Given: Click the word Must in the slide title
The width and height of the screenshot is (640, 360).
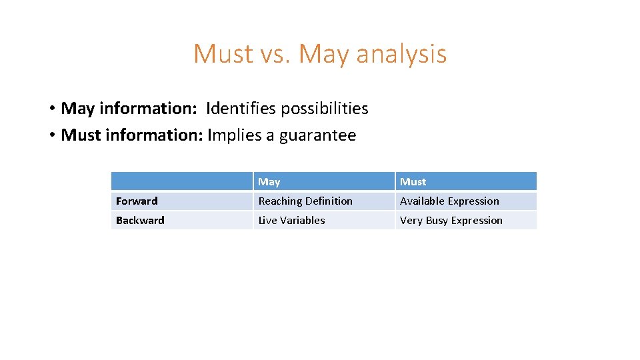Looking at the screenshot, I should point(223,54).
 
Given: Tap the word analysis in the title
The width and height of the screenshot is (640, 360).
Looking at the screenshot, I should point(401,54).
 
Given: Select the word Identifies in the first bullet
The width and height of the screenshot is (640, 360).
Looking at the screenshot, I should point(238,108).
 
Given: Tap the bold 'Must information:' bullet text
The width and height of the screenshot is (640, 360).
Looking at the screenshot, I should point(131,135).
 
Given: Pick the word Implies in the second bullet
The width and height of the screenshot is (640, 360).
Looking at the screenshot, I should point(234,135).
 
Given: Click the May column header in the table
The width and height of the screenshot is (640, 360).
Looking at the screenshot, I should point(269,181).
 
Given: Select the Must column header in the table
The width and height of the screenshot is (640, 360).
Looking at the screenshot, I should point(413,181).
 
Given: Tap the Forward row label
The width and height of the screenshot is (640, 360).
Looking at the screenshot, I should point(137,201).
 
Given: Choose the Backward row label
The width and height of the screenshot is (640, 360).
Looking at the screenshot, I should point(140,220).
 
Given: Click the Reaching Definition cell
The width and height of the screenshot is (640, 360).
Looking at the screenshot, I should point(305,201).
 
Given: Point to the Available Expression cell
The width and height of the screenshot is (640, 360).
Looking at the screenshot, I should point(449,201).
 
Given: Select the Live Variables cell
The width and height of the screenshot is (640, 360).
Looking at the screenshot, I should point(291,220).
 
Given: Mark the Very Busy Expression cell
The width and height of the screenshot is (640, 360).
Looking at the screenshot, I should point(451,220).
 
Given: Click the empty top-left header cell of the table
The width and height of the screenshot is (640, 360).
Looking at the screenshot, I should point(181,181).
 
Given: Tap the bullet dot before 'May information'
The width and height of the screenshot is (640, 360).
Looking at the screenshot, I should point(51,109).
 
